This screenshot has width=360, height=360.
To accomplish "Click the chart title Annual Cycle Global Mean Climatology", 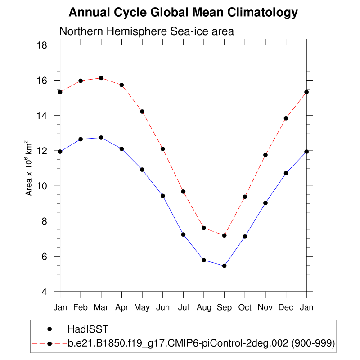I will coord(183,13).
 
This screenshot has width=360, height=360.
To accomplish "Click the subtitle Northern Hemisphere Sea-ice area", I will coord(147,32).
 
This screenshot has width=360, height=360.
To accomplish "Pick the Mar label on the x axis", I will coord(101,307).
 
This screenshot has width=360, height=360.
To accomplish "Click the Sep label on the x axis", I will coord(224,307).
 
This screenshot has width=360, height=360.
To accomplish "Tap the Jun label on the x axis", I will coord(162,307).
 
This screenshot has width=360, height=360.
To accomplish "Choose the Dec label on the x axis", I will coord(286,307).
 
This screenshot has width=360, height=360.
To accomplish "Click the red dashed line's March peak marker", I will coord(101,78).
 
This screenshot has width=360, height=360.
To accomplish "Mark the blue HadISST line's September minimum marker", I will coord(224,266).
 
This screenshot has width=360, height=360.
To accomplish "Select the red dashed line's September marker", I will coord(224,235).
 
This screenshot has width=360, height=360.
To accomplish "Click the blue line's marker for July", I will coord(183,234).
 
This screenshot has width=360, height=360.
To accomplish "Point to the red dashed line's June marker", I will coord(163,149).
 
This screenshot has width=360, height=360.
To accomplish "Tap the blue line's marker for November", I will coord(265,203).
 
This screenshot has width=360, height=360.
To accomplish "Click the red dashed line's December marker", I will coord(286,118).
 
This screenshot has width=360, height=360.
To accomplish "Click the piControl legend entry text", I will coord(201,343).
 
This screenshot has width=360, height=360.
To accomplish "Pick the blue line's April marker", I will coord(121,149).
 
